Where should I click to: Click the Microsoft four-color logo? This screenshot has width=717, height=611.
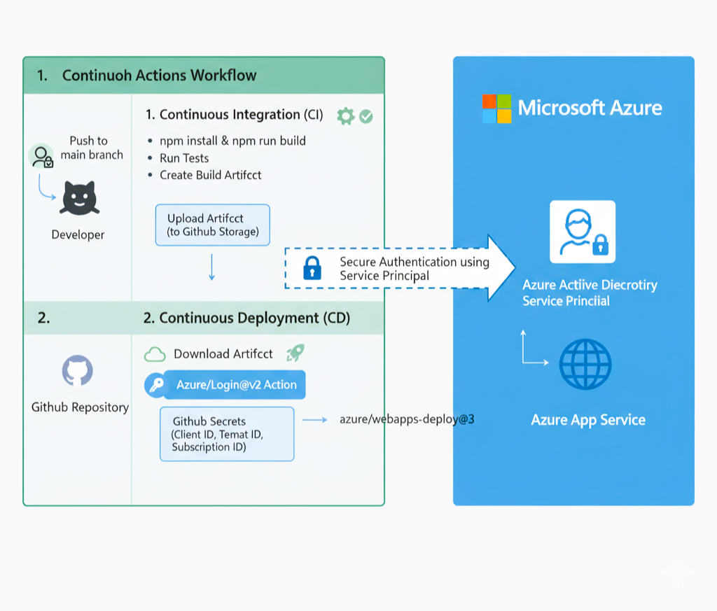tap(497, 108)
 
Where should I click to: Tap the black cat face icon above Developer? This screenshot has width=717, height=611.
tap(79, 198)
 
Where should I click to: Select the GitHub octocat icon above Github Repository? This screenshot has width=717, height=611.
tap(78, 370)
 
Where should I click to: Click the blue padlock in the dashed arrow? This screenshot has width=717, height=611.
tap(312, 268)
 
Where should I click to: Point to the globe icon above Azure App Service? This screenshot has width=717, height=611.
tap(585, 364)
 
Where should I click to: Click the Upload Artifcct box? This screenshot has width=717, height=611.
tap(212, 225)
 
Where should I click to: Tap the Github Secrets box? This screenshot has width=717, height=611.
tap(226, 434)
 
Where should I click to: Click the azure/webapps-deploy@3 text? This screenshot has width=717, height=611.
tap(407, 419)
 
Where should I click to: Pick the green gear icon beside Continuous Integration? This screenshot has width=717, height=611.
tap(345, 116)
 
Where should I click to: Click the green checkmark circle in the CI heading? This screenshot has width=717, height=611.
tap(366, 117)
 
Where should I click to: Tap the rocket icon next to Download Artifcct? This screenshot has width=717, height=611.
tap(295, 353)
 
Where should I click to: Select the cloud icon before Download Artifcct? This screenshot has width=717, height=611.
tap(154, 355)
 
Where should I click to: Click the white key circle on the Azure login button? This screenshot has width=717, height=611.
tap(155, 385)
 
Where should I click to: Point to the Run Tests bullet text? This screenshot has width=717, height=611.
tap(184, 158)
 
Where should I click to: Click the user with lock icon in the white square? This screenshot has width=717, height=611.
tap(583, 232)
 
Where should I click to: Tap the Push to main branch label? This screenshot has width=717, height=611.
tap(91, 148)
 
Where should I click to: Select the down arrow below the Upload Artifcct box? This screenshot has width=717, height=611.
tap(211, 267)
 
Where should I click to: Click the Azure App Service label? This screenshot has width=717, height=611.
tap(588, 420)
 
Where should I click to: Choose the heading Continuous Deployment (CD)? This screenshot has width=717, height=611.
tap(246, 318)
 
